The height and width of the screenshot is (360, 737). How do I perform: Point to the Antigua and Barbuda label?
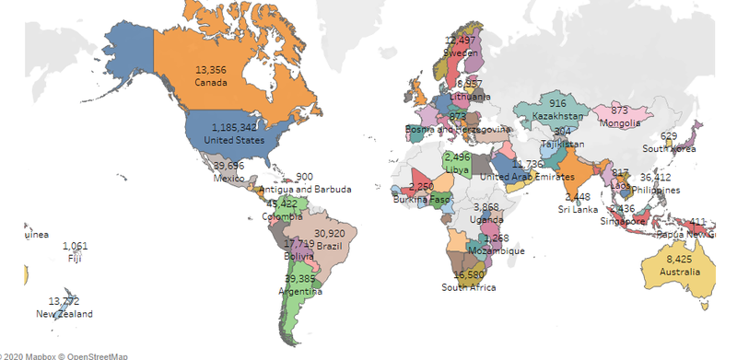click(305, 190)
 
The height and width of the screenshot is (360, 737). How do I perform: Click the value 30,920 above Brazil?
click(329, 234)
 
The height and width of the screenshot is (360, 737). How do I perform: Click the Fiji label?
click(76, 259)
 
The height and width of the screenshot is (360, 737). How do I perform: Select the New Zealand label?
click(64, 314)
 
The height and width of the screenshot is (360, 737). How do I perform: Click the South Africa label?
click(468, 287)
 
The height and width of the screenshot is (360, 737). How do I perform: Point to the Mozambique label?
click(497, 250)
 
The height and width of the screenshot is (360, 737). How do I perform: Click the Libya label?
click(457, 170)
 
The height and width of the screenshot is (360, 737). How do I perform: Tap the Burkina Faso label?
click(420, 199)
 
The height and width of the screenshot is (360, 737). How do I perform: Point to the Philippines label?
click(655, 190)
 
